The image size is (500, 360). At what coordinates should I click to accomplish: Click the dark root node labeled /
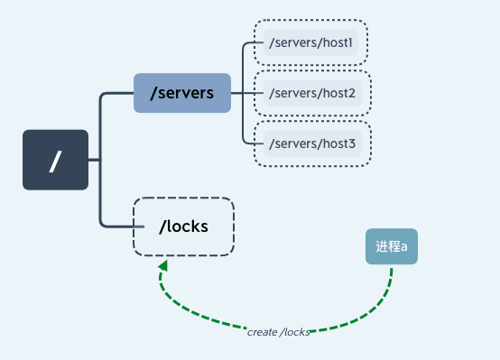click(55, 160)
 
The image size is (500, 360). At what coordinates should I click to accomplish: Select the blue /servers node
click(182, 93)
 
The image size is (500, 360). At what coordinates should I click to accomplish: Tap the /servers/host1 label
click(310, 42)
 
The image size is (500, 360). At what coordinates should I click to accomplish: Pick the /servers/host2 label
click(312, 93)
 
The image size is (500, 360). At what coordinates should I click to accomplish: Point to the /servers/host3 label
click(312, 143)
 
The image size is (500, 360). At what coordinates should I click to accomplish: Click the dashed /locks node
click(184, 226)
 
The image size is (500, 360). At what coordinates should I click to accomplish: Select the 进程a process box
click(392, 246)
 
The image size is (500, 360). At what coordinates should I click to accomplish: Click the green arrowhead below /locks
click(163, 265)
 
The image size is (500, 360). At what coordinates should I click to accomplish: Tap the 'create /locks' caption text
click(278, 332)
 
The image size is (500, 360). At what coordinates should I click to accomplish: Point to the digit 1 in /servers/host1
click(350, 42)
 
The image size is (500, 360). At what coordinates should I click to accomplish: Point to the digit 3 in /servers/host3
click(352, 143)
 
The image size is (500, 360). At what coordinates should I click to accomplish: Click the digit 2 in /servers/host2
click(351, 93)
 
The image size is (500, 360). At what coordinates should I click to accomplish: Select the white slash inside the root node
click(55, 162)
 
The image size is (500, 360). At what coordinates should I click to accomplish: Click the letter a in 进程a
click(404, 247)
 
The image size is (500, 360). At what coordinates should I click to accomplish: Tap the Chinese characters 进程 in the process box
click(388, 246)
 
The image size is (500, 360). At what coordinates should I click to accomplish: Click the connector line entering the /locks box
click(122, 226)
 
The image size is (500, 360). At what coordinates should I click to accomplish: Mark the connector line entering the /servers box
click(117, 93)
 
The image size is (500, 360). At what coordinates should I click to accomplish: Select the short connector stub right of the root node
click(95, 160)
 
